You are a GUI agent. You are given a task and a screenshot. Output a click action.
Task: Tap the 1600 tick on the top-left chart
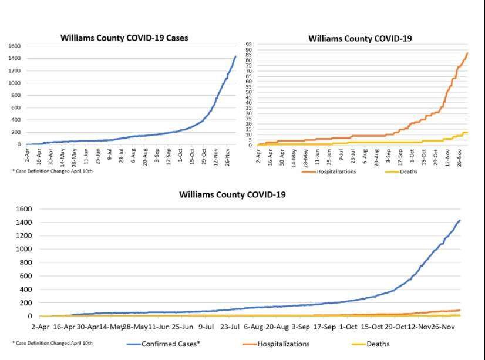15,46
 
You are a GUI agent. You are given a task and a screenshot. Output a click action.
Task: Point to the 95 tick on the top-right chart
248,45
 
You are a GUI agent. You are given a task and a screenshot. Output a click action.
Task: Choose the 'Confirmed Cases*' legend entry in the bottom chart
171,344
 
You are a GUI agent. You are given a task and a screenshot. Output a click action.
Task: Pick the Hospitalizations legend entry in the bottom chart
284,344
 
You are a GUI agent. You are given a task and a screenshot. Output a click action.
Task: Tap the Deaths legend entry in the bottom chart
378,344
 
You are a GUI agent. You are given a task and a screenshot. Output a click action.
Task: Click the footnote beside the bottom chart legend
52,343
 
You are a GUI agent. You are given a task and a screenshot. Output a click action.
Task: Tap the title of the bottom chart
233,194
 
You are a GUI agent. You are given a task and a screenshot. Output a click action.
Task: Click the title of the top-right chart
360,39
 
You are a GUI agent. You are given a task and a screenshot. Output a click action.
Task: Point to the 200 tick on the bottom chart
25,303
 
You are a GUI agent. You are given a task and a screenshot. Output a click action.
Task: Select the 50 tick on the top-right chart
248,92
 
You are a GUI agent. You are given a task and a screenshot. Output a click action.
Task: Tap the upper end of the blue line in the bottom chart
460,220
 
